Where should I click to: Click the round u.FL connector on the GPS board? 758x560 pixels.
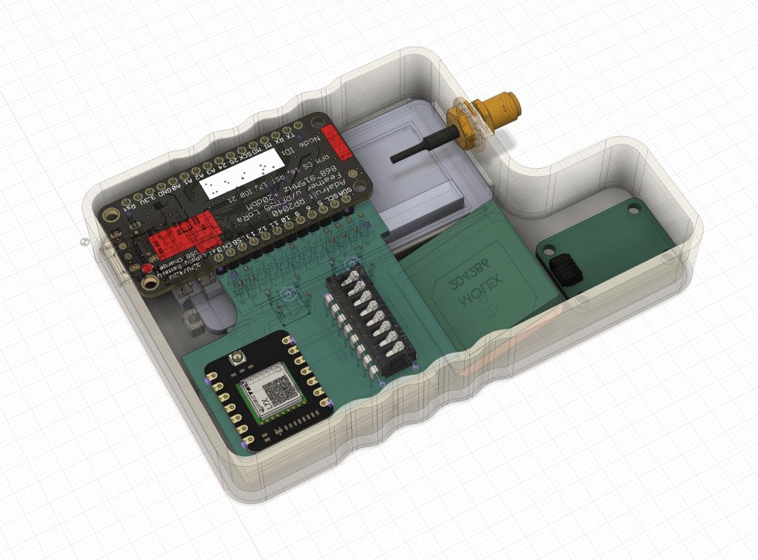coord(240,361)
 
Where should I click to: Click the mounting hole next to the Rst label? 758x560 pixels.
coord(111,216)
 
